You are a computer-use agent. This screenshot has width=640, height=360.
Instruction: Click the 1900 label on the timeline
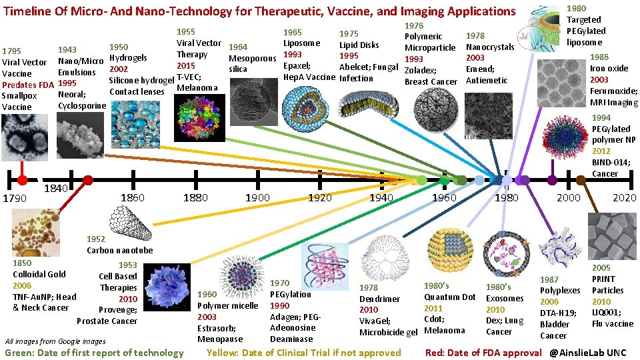click(257, 197)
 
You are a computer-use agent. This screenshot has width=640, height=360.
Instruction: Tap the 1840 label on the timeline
click(55, 189)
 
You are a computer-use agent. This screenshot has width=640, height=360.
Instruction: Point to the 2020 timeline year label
click(625, 197)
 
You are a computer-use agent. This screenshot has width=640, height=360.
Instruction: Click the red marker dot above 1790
click(22, 181)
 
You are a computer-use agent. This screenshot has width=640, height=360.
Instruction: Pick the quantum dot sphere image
click(449, 249)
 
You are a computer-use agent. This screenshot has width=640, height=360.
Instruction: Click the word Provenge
click(118, 310)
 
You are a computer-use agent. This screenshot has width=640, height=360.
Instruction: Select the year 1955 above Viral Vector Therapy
click(186, 32)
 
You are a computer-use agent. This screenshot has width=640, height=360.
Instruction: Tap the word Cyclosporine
click(82, 106)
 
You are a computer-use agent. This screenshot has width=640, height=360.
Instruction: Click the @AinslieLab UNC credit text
click(589, 352)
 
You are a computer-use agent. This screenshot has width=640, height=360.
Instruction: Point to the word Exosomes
click(505, 298)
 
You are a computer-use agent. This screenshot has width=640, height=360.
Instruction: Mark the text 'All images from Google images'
click(55, 341)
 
